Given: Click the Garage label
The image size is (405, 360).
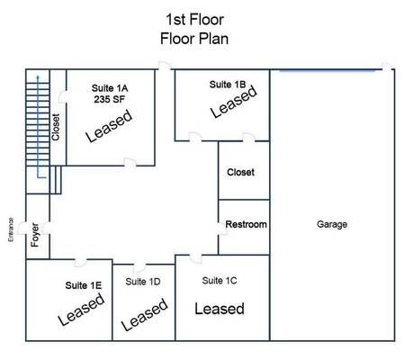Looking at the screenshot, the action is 332,224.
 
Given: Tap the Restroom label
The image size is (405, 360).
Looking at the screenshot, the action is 246,224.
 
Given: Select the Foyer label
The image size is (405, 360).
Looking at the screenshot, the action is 35,235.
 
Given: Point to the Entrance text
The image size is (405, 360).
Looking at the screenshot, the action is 11,229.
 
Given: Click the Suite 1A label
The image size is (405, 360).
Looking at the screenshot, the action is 110,88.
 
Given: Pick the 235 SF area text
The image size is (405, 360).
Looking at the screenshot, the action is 109,99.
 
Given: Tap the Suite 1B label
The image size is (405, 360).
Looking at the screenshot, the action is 228,85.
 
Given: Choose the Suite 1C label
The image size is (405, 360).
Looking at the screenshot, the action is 220,281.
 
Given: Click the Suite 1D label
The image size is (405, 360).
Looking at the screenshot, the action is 143,282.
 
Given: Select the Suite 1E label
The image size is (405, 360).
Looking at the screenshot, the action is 84,285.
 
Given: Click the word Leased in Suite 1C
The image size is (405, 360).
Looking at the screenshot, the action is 220,309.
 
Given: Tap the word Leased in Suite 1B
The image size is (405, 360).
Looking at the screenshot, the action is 234,102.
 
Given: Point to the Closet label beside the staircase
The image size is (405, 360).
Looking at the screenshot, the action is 56,127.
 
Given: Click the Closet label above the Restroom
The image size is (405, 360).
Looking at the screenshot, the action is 240,172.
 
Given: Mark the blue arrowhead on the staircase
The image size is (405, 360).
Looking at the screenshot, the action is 38,77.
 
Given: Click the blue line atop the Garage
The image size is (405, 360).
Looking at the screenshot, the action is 328,71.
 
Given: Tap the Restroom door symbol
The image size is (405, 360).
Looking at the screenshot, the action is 222,229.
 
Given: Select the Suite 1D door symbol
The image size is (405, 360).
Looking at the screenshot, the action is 139,267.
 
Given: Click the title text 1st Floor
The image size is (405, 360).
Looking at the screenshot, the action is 194,20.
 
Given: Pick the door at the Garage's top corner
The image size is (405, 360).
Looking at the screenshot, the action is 387,67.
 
